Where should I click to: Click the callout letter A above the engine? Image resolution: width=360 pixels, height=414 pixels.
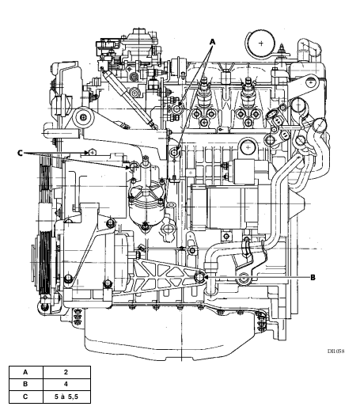click(x=212, y=42)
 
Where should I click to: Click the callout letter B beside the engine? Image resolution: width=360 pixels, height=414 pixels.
click(x=313, y=278)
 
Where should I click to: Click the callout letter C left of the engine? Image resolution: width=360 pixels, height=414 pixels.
click(x=21, y=153)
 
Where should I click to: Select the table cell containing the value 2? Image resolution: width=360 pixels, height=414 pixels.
click(x=66, y=372)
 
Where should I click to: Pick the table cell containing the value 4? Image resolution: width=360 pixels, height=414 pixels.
click(x=66, y=385)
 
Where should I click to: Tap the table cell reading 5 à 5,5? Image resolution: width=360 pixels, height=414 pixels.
click(x=66, y=397)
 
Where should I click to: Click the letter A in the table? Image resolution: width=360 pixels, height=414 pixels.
click(x=25, y=372)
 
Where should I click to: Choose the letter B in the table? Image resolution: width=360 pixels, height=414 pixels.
click(x=25, y=385)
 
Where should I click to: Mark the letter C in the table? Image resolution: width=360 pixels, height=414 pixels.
click(x=25, y=397)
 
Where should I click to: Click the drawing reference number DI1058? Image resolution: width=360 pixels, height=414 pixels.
click(x=335, y=351)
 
